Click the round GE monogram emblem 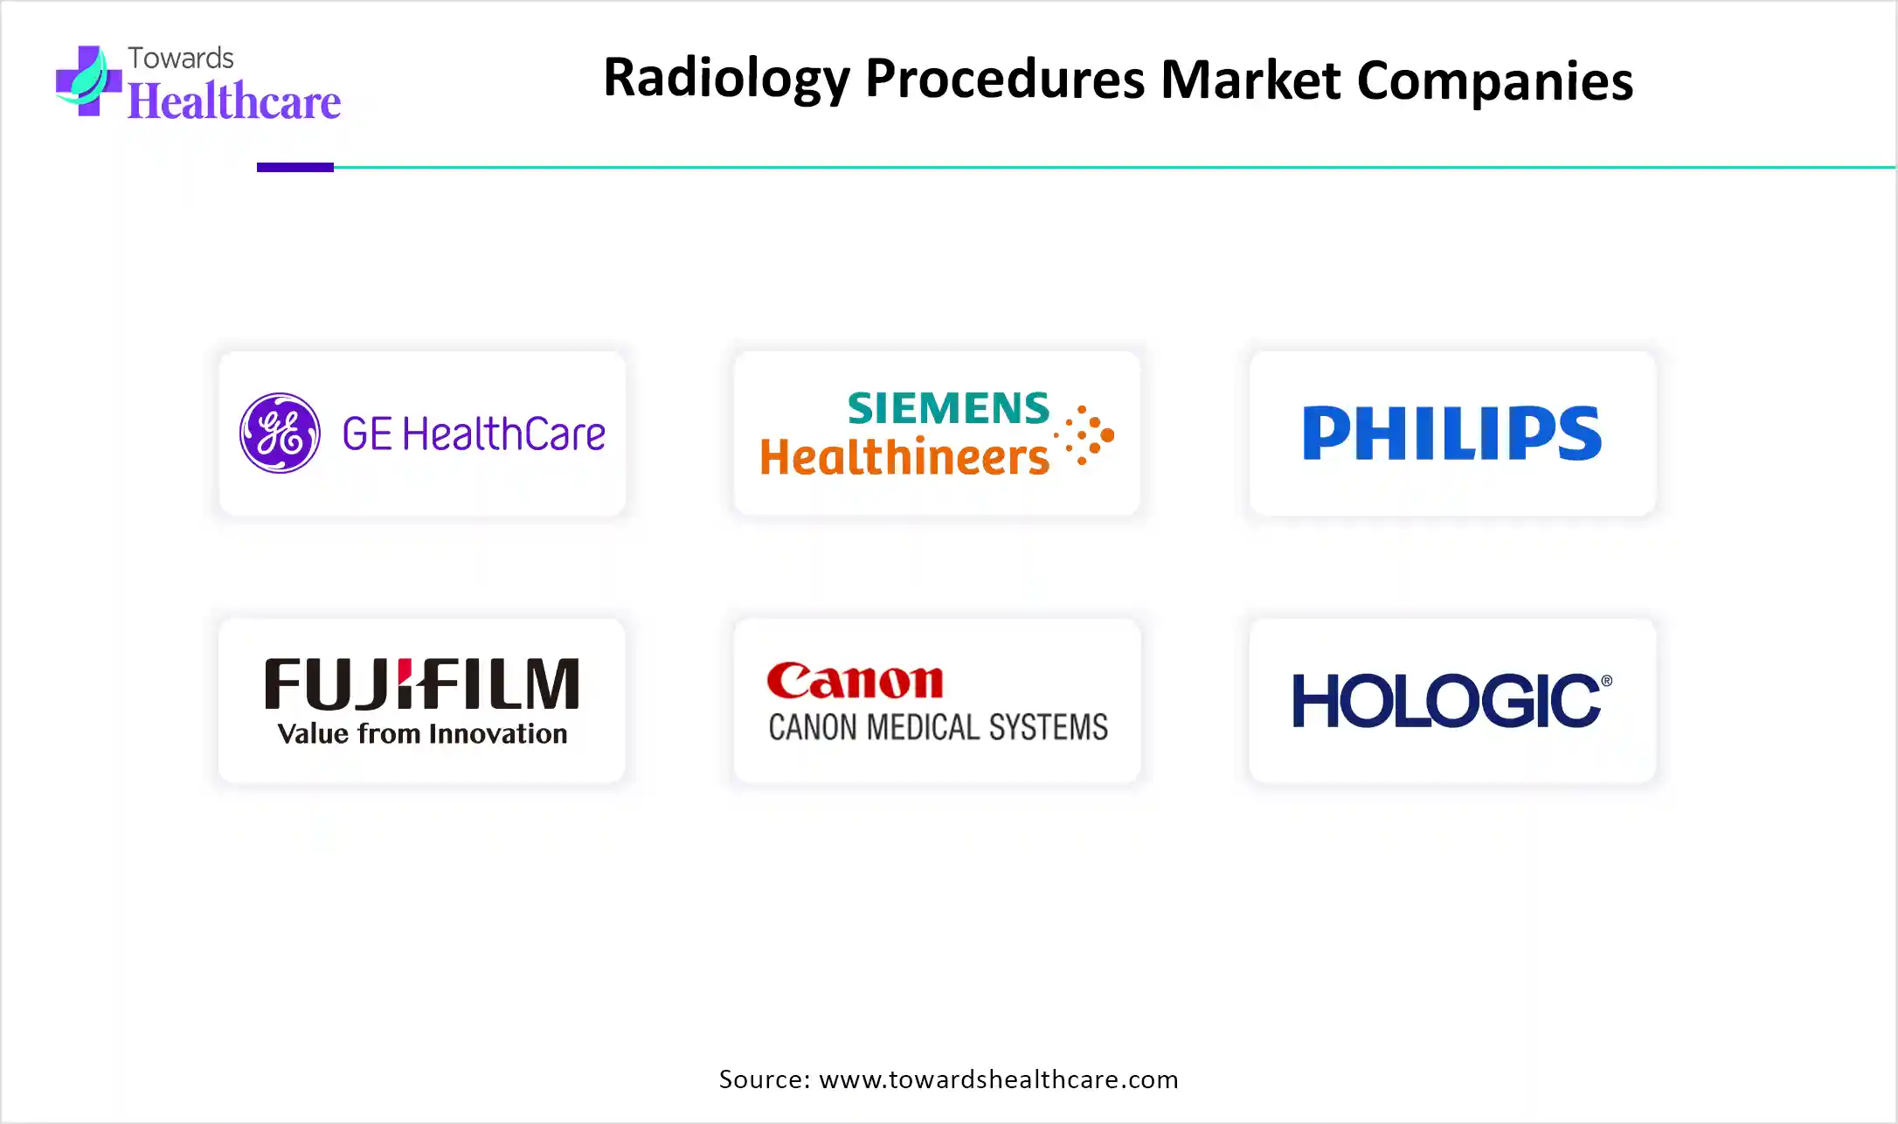(x=280, y=433)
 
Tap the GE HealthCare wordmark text (x=474, y=434)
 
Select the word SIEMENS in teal (x=948, y=408)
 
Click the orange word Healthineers (x=904, y=456)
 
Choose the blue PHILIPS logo (x=1452, y=433)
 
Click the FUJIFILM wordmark (x=422, y=683)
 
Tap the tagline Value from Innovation (x=422, y=733)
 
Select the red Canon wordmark (x=855, y=681)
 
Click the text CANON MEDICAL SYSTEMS (x=938, y=727)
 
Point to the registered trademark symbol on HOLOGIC (x=1606, y=681)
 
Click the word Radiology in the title (x=726, y=79)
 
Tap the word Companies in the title (x=1494, y=80)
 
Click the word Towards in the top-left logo (x=181, y=58)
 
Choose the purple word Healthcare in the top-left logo (x=234, y=101)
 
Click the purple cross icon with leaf (x=88, y=80)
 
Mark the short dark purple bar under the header (x=295, y=167)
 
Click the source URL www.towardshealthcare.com (x=999, y=1079)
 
